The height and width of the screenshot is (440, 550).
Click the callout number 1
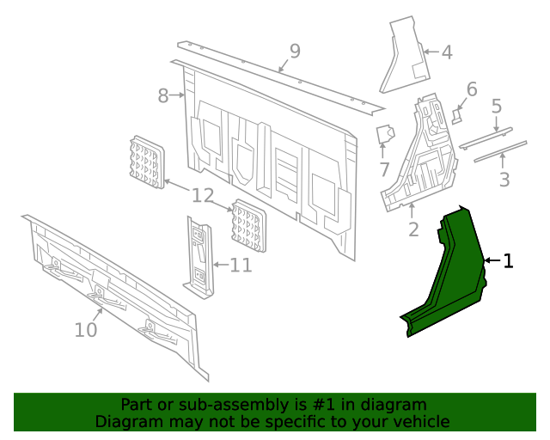coord(508,261)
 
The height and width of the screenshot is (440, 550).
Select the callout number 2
coord(413,229)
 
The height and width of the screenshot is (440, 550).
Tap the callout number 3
coord(504,180)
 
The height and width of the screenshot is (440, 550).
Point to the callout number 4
coord(446,52)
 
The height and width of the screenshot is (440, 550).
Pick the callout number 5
coord(496,106)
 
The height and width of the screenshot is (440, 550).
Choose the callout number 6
coord(471,89)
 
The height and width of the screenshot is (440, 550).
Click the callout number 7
coord(384,170)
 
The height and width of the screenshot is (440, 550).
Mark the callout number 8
coord(163,95)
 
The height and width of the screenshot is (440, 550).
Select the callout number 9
coord(295,52)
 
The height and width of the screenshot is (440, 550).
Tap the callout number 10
coord(86,329)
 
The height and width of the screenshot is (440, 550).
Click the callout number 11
coord(241,265)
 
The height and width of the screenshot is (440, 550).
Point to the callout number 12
coord(202,196)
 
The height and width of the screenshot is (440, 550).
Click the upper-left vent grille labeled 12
coord(145,161)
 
